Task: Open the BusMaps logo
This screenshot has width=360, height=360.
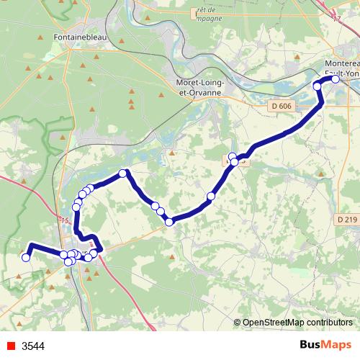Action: pos(325,346)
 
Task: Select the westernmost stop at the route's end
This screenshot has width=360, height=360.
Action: pos(25,257)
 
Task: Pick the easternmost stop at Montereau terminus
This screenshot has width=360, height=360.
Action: pos(335,79)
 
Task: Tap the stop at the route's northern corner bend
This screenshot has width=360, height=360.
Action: pos(123,173)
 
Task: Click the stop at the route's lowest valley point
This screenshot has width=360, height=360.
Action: pos(169,222)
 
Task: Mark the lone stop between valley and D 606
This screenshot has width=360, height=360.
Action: pos(211,196)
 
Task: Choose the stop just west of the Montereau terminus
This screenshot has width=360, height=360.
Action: pos(317,86)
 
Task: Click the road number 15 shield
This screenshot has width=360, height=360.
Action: pos(66,220)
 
